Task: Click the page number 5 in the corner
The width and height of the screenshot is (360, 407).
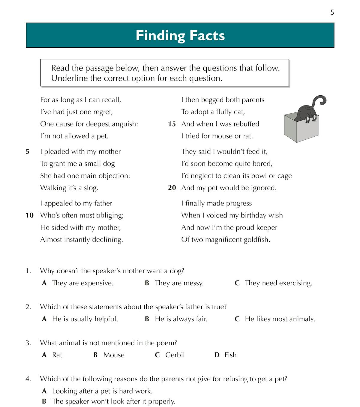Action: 332,13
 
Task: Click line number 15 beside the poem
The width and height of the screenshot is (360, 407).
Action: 172,124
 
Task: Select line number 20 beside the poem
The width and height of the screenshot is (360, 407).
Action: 172,188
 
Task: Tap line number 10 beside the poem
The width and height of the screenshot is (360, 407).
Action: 30,215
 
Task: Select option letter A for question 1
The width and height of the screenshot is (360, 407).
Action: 44,283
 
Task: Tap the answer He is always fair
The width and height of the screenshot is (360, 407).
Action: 181,319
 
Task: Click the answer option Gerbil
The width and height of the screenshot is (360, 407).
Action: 175,355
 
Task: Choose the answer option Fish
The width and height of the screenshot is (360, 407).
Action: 230,355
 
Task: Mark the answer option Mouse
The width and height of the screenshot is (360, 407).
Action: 114,355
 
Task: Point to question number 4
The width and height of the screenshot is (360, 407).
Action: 28,379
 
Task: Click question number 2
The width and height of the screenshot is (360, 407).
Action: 28,307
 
